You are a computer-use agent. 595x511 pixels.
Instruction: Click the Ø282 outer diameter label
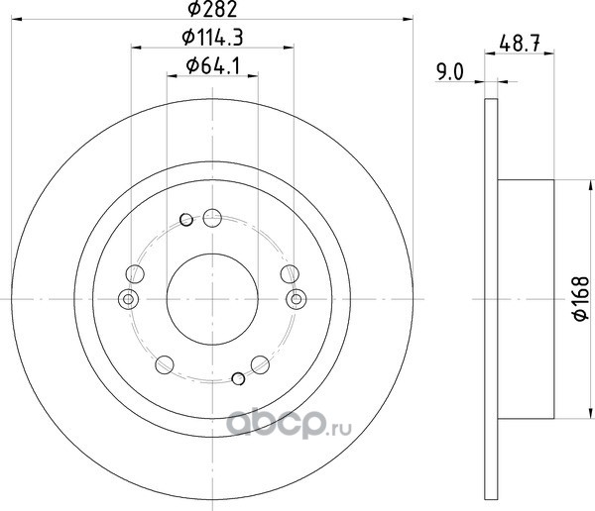(x=212, y=9)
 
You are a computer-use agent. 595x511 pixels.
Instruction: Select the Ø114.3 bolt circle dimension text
(x=212, y=38)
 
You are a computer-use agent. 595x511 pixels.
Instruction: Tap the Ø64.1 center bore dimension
(x=213, y=66)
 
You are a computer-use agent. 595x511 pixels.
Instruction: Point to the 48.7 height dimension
(x=520, y=44)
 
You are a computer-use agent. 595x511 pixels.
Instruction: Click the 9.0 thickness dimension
(x=450, y=72)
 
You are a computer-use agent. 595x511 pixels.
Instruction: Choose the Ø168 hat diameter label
(x=581, y=299)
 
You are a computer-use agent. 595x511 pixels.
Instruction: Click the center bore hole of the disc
(x=212, y=299)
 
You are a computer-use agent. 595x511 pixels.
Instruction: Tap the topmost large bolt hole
(x=212, y=218)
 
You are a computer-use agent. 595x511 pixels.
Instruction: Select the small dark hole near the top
(x=186, y=220)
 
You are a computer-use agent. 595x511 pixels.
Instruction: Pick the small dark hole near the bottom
(x=238, y=378)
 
